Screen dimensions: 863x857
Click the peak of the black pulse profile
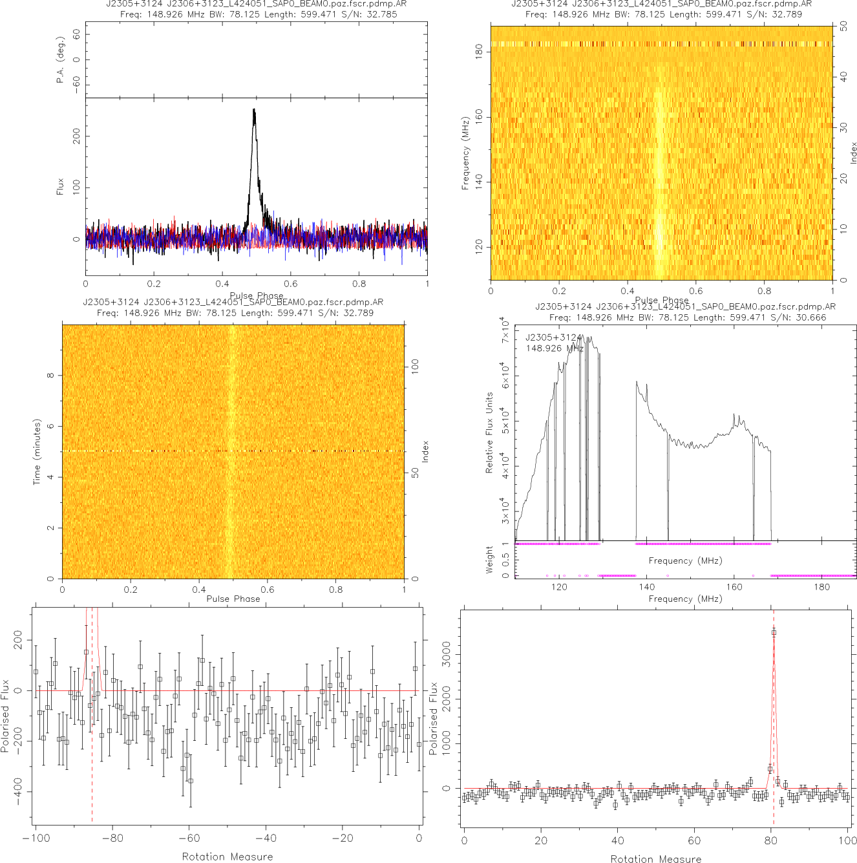point(254,110)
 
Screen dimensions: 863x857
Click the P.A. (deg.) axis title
point(61,59)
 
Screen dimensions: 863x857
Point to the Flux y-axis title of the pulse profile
point(61,187)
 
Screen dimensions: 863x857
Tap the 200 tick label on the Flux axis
point(77,136)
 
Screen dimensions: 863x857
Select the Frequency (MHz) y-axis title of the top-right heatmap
point(465,153)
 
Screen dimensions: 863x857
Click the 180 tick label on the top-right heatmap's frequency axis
point(479,52)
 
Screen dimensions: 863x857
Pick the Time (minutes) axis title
point(37,452)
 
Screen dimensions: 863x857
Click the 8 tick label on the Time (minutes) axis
point(50,376)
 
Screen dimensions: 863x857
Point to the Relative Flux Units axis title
point(489,432)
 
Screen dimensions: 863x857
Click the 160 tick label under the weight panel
point(734,587)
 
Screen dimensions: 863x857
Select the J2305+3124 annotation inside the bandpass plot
point(553,337)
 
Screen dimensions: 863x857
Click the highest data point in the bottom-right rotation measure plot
point(774,633)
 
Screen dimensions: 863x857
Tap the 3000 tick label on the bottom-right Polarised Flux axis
point(446,654)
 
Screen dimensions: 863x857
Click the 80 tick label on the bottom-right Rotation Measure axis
point(771,841)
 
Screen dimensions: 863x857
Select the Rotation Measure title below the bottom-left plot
point(227,857)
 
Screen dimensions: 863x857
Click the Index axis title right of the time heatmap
point(425,451)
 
